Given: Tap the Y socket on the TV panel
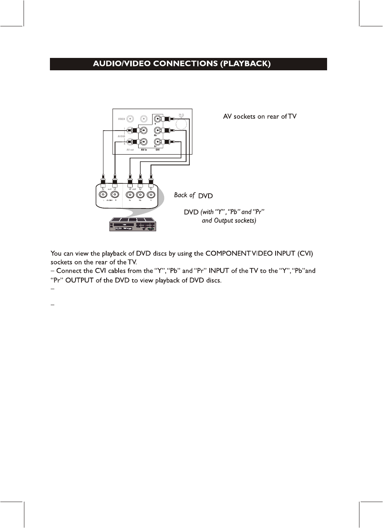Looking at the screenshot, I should click(x=158, y=119).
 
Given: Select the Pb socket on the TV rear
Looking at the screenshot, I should click(x=158, y=130).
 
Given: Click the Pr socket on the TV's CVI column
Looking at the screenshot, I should click(x=158, y=142).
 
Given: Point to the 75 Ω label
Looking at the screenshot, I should click(x=181, y=115).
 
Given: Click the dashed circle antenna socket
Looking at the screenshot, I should click(x=181, y=124).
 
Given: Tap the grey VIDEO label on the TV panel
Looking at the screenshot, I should click(x=121, y=119).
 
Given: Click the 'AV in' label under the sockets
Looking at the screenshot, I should click(x=144, y=150).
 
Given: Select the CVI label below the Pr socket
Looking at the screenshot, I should click(x=158, y=150).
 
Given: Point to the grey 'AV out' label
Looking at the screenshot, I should click(x=130, y=150).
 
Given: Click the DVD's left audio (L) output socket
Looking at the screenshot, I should click(x=103, y=195).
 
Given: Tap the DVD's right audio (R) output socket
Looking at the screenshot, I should click(x=115, y=195).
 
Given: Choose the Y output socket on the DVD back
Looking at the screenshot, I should click(x=151, y=195).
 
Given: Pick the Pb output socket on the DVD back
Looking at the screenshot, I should click(x=140, y=195).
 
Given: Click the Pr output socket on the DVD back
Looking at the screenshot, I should click(x=130, y=195).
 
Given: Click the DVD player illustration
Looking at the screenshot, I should click(x=133, y=224).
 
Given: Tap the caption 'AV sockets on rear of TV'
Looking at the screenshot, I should click(x=260, y=117).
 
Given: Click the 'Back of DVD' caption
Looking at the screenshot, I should click(x=193, y=195).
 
